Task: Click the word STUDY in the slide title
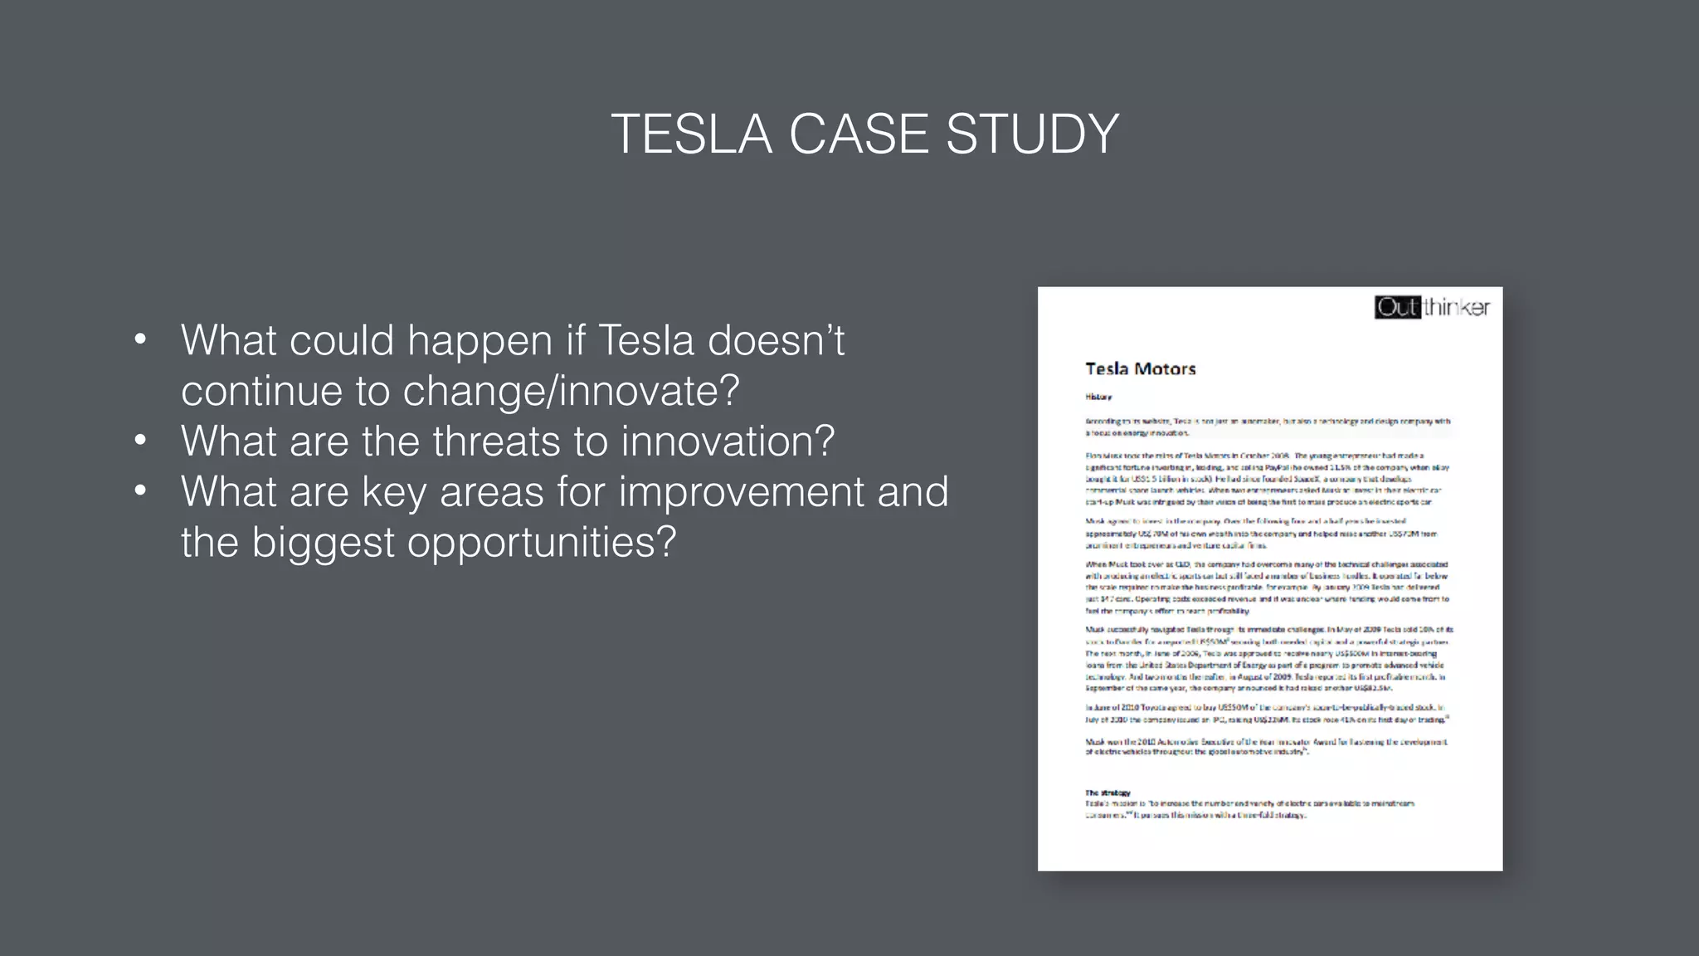tap(1032, 134)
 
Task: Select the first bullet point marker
tap(140, 339)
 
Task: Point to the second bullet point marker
tap(140, 441)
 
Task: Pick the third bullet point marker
tap(140, 490)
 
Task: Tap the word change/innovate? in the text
tap(571, 391)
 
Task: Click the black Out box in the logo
tap(1397, 308)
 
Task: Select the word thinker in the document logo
tap(1457, 308)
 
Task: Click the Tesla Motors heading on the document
tap(1140, 369)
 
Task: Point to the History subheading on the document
tap(1098, 398)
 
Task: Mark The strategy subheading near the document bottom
tap(1108, 793)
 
